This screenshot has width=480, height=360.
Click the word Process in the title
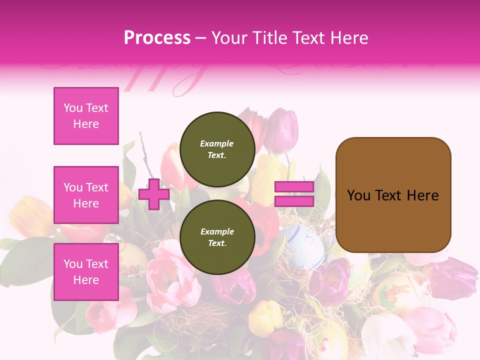click(x=157, y=37)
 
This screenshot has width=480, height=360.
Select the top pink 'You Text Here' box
click(x=86, y=116)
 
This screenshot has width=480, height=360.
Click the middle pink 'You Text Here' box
click(x=86, y=195)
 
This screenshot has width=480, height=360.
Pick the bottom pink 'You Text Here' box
click(x=86, y=272)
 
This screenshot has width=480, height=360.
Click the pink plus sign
click(x=154, y=194)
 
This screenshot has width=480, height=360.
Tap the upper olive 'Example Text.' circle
click(x=217, y=149)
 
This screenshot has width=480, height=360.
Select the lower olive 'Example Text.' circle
click(x=217, y=237)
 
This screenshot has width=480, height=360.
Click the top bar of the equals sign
click(x=294, y=187)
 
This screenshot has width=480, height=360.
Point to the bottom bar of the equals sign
click(x=294, y=201)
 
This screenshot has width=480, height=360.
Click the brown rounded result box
click(x=393, y=195)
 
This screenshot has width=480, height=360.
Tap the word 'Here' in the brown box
click(x=423, y=195)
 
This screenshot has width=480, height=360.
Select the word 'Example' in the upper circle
click(x=217, y=143)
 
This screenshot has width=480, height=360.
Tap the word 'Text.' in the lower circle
click(x=217, y=243)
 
